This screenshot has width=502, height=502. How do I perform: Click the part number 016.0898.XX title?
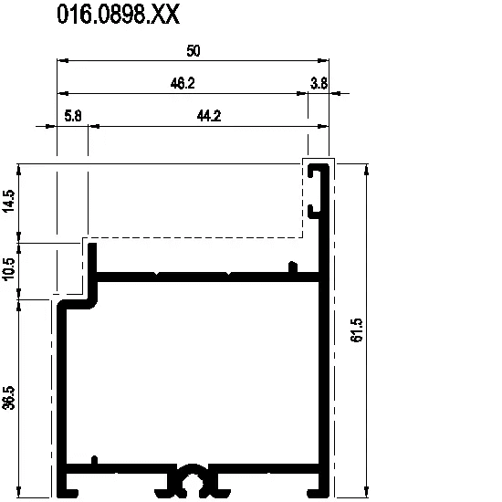click(x=118, y=14)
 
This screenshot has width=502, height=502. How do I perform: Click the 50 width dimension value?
click(x=193, y=51)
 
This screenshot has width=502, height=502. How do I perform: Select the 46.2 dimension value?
click(x=183, y=84)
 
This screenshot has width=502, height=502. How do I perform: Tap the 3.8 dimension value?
click(x=319, y=84)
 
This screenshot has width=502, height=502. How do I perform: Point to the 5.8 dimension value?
click(x=73, y=116)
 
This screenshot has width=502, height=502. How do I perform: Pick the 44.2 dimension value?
click(x=209, y=116)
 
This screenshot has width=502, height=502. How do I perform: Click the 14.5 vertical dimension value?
click(x=9, y=201)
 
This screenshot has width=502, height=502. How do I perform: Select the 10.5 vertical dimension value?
click(x=9, y=269)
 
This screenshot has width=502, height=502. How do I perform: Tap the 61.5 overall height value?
click(x=357, y=330)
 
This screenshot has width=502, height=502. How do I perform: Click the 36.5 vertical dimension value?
click(x=9, y=398)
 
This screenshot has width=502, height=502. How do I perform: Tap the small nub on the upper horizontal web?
click(x=293, y=267)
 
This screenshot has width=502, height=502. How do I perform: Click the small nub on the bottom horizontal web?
click(x=94, y=460)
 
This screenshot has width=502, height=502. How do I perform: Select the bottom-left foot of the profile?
click(x=68, y=493)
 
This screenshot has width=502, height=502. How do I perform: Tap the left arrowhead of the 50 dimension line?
click(x=62, y=60)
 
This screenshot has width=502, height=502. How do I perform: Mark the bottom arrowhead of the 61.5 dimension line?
click(x=367, y=492)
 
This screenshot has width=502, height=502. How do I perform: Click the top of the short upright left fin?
click(x=92, y=245)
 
